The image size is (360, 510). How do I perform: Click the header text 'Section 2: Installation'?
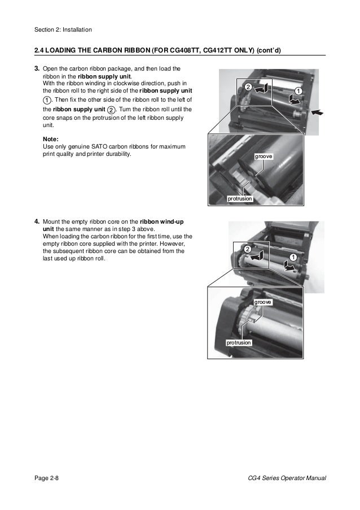pyautogui.click(x=63, y=29)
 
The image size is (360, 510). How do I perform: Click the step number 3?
pyautogui.click(x=37, y=69)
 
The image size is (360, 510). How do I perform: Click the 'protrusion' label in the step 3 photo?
pyautogui.click(x=239, y=199)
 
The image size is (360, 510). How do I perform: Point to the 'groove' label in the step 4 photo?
pyautogui.click(x=263, y=303)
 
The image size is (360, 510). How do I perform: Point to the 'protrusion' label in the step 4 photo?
pyautogui.click(x=238, y=343)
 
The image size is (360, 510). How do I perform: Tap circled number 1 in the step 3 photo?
pyautogui.click(x=298, y=91)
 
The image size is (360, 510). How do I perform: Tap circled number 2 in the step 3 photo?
pyautogui.click(x=246, y=86)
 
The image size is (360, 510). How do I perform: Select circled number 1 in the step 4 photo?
pyautogui.click(x=293, y=258)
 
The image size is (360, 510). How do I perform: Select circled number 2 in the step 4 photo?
pyautogui.click(x=247, y=249)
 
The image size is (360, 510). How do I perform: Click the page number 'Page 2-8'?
pyautogui.click(x=47, y=478)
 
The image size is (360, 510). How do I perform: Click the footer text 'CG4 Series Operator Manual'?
pyautogui.click(x=283, y=478)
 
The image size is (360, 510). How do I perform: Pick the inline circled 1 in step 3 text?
pyautogui.click(x=47, y=100)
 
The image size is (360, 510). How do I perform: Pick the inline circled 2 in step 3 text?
pyautogui.click(x=111, y=110)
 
